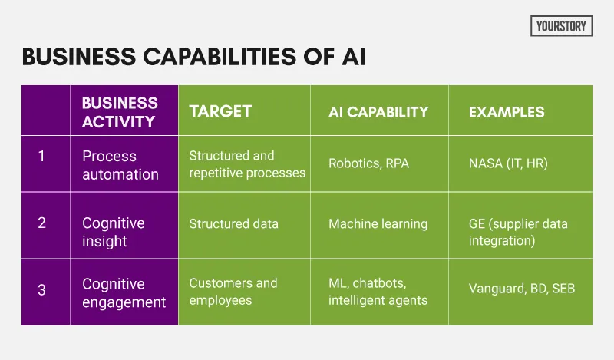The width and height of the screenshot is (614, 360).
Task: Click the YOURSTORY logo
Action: pyautogui.click(x=561, y=26)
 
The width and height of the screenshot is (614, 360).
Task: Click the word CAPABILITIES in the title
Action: pyautogui.click(x=220, y=56)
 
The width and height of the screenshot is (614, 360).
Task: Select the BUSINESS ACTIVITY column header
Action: pyautogui.click(x=120, y=112)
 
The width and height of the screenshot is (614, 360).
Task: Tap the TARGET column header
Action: pyautogui.click(x=220, y=111)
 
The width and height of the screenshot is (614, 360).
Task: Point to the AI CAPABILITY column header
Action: pyautogui.click(x=378, y=112)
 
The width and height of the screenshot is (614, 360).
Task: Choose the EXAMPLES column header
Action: pyautogui.click(x=507, y=112)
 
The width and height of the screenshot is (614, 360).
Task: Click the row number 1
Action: pyautogui.click(x=41, y=157)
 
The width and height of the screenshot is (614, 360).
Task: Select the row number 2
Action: pyautogui.click(x=41, y=223)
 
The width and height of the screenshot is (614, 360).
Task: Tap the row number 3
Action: pyautogui.click(x=41, y=290)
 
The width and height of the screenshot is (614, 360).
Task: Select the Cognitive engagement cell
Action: pyautogui.click(x=124, y=292)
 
